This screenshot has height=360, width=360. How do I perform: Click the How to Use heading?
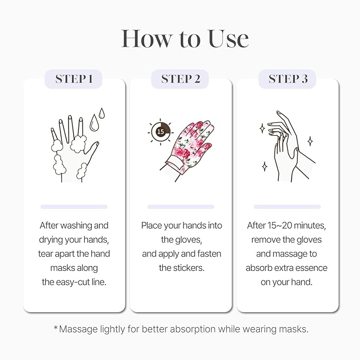(185, 39)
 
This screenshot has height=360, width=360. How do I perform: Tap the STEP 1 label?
(74, 79)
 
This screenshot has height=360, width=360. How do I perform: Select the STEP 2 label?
(180, 79)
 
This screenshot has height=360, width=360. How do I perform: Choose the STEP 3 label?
(287, 79)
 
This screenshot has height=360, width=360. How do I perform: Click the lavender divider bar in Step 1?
(74, 206)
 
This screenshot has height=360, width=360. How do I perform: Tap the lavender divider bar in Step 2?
(180, 206)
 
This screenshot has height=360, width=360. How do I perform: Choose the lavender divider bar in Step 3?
(287, 206)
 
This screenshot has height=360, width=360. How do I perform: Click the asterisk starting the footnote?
(56, 329)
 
